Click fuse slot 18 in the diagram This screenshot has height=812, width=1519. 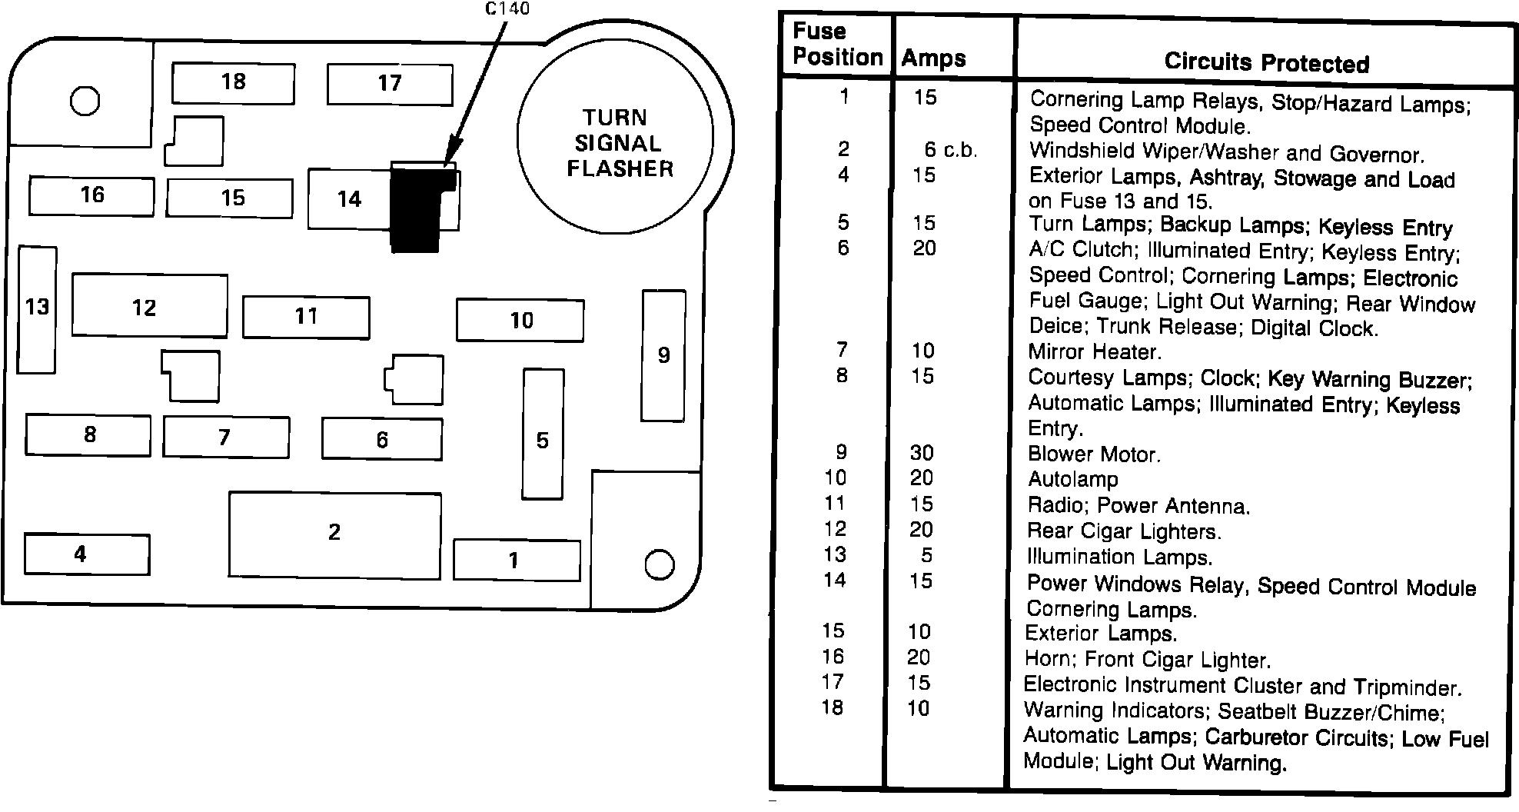233,82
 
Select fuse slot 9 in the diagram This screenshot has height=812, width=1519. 663,355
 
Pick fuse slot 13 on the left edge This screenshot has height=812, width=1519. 37,308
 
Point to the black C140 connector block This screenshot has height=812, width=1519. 416,211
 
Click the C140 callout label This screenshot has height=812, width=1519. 507,9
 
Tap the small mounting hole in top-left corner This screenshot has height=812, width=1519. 85,101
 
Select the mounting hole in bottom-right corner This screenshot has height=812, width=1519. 659,565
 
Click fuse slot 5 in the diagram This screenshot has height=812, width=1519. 543,434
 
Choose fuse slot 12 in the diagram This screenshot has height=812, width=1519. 149,306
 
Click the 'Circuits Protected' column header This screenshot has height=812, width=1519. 1266,62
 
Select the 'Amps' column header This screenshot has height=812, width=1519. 933,58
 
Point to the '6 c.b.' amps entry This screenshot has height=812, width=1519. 950,150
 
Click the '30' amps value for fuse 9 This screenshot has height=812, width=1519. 922,453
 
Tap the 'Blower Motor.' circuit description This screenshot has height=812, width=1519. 1094,454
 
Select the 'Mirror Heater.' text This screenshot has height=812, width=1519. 1095,352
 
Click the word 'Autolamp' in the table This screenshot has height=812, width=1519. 1073,480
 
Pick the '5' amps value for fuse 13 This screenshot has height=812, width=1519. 926,555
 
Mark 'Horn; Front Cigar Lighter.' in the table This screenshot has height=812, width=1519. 1148,659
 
